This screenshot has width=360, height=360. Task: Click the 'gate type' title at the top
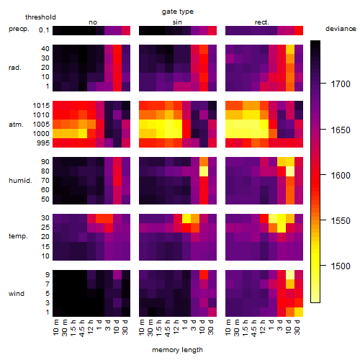click(x=178, y=12)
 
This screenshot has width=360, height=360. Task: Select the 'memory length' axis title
click(x=178, y=350)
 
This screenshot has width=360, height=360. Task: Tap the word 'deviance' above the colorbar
click(x=341, y=29)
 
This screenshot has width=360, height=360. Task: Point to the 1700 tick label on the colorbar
click(x=341, y=84)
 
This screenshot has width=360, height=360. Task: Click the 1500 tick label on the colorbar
click(x=341, y=266)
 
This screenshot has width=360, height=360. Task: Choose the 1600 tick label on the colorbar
click(x=341, y=175)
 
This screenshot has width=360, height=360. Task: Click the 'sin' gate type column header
click(x=177, y=22)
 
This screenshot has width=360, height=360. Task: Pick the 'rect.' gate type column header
click(x=262, y=22)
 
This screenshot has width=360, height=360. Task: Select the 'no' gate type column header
click(x=93, y=22)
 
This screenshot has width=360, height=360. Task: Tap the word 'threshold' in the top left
click(x=40, y=17)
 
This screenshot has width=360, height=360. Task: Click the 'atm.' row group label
click(x=16, y=125)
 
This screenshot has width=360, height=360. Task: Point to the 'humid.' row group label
click(x=20, y=181)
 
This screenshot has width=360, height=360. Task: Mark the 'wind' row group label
click(x=17, y=294)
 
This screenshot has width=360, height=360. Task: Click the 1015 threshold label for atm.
click(x=41, y=106)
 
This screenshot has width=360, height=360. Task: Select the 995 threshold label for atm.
click(x=43, y=143)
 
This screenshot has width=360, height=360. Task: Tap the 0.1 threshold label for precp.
click(x=44, y=30)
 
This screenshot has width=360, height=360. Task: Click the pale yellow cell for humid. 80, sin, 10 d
click(x=204, y=171)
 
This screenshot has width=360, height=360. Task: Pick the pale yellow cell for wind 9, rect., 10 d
click(x=290, y=275)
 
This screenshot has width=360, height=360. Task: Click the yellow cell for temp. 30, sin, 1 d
click(x=186, y=218)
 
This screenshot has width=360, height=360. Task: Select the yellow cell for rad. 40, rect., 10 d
click(x=290, y=49)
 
